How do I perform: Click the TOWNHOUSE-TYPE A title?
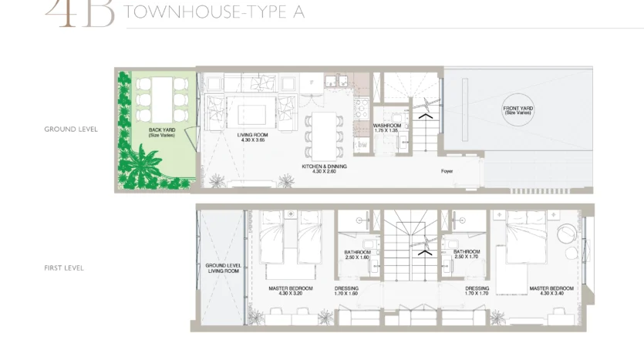point(214,12)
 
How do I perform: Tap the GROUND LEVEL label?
point(71,130)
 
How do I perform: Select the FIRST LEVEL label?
point(64,268)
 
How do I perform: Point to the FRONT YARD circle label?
point(518,110)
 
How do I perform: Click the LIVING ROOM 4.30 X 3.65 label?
point(252,137)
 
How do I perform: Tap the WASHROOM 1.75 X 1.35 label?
point(386,128)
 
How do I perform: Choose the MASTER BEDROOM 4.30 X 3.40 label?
point(550,291)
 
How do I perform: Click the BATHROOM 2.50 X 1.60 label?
point(358,254)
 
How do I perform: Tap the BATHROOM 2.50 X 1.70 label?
point(467,254)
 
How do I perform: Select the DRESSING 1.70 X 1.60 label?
point(347,291)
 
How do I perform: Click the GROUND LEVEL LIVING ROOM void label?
point(223,268)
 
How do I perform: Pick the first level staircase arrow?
point(422,251)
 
